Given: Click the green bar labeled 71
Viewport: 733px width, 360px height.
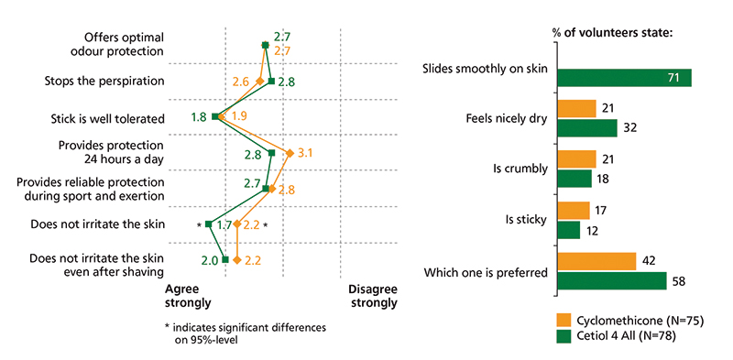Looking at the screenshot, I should (x=624, y=79).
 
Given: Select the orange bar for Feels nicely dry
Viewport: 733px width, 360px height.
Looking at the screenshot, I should (x=576, y=109).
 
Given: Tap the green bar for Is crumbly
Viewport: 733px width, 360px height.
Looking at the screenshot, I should (x=574, y=180).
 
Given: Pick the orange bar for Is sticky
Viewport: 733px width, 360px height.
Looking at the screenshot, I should (x=573, y=211).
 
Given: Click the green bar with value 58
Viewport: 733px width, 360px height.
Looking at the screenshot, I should (x=611, y=281).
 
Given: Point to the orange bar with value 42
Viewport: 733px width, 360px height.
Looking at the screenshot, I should (x=596, y=262).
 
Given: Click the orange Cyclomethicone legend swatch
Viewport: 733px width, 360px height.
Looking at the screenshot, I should (x=563, y=320).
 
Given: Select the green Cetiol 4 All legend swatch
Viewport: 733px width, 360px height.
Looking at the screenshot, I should (x=563, y=336).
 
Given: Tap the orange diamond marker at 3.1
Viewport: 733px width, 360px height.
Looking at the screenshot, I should (x=290, y=153).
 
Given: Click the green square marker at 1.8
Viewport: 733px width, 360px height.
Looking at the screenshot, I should (x=214, y=116).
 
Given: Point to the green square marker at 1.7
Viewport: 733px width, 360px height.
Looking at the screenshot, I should (x=209, y=224).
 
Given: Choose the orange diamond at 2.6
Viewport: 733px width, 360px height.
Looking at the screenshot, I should (x=260, y=82).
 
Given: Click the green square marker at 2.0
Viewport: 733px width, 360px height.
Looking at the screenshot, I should (x=225, y=260).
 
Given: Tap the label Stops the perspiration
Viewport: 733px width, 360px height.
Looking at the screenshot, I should (x=104, y=82).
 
